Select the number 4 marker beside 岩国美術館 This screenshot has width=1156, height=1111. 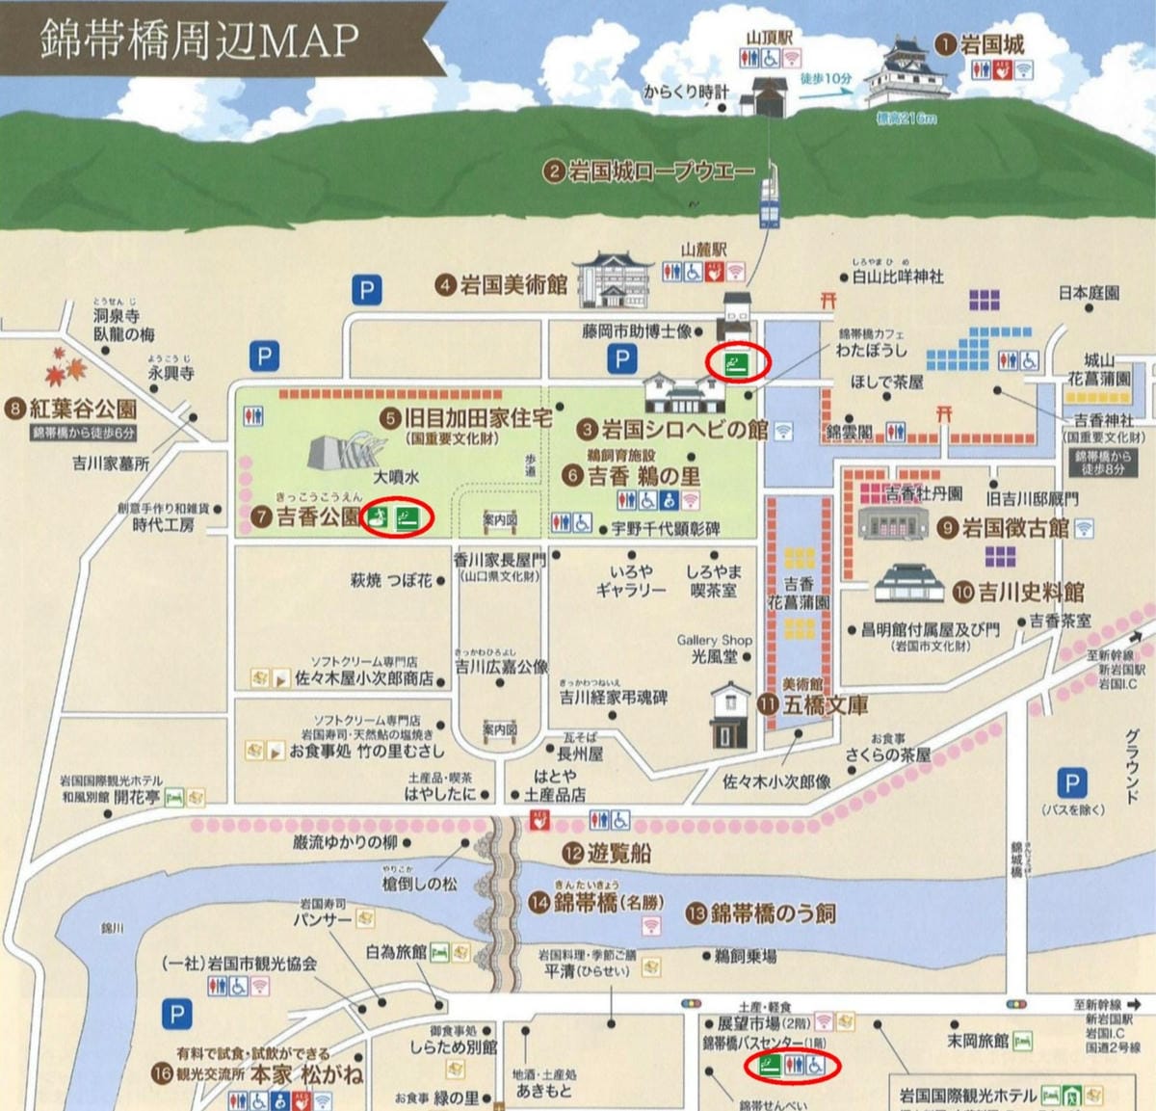click(445, 285)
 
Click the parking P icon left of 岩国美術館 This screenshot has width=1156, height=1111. click(366, 290)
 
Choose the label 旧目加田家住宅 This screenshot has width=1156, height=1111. click(478, 418)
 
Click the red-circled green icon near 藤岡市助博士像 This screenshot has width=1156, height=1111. click(738, 363)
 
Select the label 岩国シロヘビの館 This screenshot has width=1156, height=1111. click(685, 429)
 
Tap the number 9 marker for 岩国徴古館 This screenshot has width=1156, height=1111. click(947, 528)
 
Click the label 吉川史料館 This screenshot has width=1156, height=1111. click(1032, 591)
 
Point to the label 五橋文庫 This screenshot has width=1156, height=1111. click(826, 704)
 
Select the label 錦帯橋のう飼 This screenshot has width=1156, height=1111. click(774, 913)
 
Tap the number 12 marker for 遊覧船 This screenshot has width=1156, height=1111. click(573, 853)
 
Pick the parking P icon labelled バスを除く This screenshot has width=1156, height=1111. click(1071, 783)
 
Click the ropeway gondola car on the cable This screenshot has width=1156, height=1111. click(770, 197)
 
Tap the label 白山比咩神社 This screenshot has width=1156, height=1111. click(898, 277)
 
